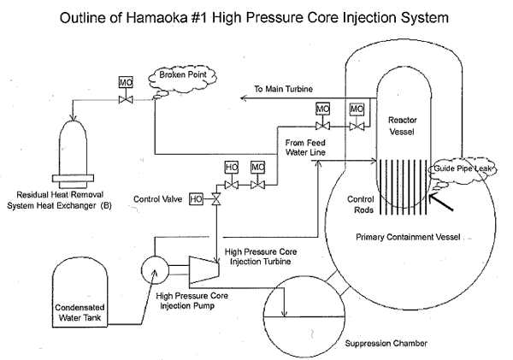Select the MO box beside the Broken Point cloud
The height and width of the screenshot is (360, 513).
(123, 82)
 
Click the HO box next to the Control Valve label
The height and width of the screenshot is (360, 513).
(196, 199)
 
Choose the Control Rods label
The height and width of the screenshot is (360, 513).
(360, 204)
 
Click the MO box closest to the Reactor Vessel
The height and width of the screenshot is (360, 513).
(357, 109)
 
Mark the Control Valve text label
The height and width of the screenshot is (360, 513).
(159, 199)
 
